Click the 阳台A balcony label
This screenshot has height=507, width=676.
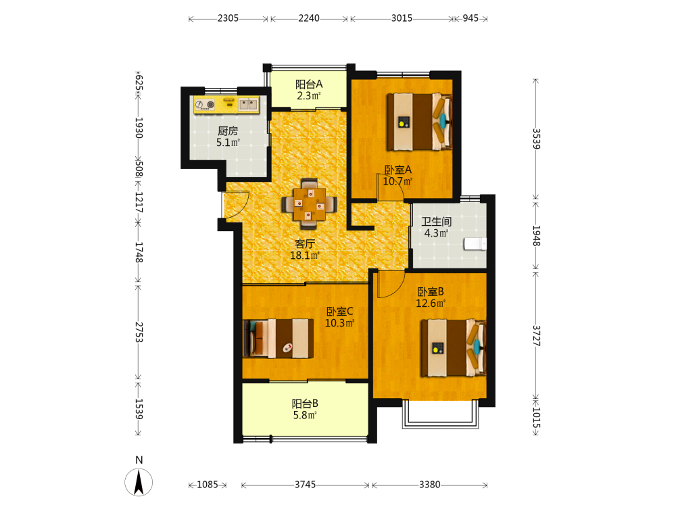pos(309,84)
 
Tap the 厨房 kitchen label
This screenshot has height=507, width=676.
pos(228,130)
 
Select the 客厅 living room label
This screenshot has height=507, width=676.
pos(305,243)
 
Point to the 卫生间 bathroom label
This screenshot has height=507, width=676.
pos(436,222)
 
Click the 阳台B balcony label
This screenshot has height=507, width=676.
pos(305,404)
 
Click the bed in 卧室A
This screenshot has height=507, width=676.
pos(419,122)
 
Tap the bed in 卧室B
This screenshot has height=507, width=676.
pos(454,347)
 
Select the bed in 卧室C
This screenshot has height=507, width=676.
pos(279,339)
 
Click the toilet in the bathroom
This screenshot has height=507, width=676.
pos(475,244)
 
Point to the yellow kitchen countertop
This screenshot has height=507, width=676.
pos(226,105)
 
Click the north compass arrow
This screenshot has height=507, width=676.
pos(139,483)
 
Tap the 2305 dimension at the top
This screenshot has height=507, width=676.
pos(228,18)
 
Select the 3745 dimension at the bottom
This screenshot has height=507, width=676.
pos(306,485)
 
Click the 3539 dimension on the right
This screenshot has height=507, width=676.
pos(536,139)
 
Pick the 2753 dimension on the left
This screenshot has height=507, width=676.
pos(139,333)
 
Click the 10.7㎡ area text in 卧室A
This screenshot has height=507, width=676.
pos(397,181)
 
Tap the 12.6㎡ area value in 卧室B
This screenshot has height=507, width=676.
pos(430,303)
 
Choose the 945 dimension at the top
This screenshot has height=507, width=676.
pos(470,18)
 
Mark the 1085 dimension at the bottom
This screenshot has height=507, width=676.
pos(208,485)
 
